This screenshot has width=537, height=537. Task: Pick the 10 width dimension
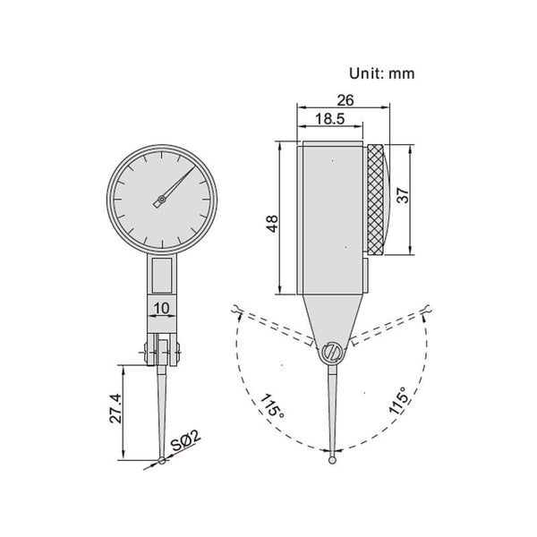pyautogui.click(x=161, y=309)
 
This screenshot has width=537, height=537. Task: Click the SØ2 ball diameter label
pyautogui.click(x=187, y=442)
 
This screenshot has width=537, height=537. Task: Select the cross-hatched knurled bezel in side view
pyautogui.click(x=379, y=199)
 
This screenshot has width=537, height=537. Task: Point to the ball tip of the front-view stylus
pyautogui.click(x=161, y=461)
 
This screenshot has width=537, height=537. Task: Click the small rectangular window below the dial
pyautogui.click(x=161, y=274)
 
